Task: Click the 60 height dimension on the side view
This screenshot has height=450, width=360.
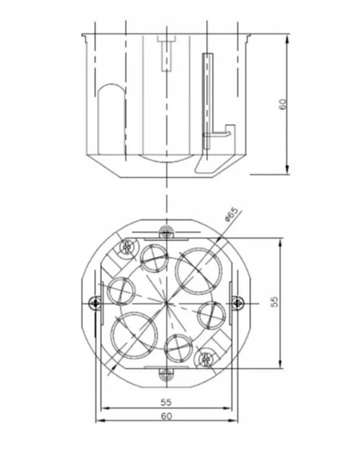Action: pyautogui.click(x=283, y=103)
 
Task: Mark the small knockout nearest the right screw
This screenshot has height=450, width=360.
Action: pyautogui.click(x=212, y=316)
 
